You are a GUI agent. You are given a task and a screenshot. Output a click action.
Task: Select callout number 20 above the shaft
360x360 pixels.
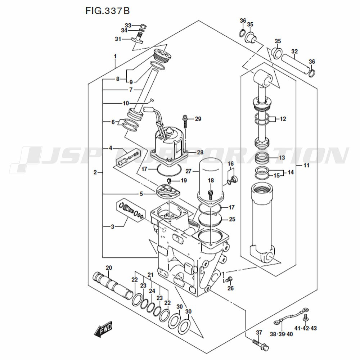(109, 267)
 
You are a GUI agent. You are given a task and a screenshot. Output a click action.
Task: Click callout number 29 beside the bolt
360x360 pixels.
(198, 119)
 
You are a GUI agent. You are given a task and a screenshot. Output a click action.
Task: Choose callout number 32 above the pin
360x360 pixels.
(294, 51)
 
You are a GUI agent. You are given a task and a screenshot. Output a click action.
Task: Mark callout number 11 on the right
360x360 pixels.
(306, 165)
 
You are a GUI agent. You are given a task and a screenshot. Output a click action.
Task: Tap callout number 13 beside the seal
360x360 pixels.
(282, 158)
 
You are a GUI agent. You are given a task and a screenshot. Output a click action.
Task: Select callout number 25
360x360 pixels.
(232, 219)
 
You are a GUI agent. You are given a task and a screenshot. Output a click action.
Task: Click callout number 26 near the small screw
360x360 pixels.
(231, 288)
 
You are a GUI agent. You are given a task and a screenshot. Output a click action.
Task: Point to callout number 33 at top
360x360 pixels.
(128, 25)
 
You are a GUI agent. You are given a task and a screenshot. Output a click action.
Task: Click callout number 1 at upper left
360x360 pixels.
(115, 57)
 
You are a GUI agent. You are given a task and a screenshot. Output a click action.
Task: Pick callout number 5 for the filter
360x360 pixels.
(141, 194)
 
